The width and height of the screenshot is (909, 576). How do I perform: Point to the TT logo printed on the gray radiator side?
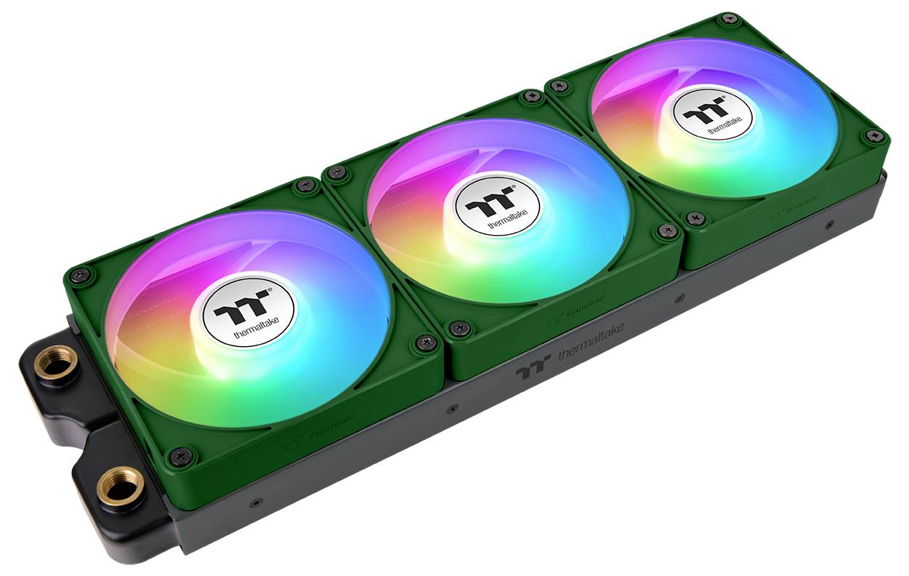tap(533, 371)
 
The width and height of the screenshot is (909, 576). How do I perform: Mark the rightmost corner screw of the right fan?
tap(871, 135)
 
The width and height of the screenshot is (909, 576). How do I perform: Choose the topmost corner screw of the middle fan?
tap(533, 95)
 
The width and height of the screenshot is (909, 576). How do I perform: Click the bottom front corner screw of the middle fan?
tap(458, 328)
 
